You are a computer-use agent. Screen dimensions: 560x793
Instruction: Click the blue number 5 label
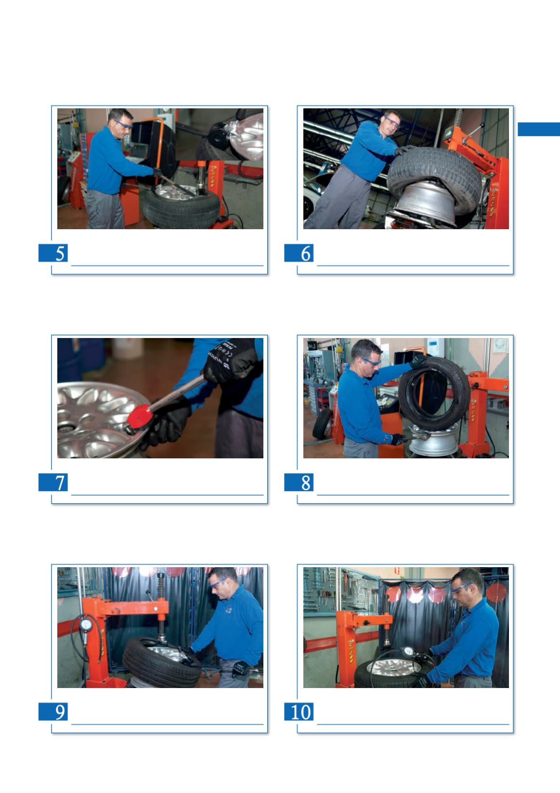(53, 253)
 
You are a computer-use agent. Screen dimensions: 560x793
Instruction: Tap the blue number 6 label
(299, 253)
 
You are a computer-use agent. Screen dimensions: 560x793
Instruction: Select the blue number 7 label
(53, 482)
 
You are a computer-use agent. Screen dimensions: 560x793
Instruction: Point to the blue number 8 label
(299, 482)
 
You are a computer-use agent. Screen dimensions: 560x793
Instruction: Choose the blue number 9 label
(53, 712)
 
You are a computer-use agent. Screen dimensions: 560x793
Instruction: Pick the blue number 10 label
(299, 712)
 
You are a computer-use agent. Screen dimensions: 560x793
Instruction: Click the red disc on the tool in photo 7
(140, 415)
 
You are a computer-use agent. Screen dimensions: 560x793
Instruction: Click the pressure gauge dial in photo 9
(86, 625)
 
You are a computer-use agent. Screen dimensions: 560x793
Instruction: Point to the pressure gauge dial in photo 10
(408, 650)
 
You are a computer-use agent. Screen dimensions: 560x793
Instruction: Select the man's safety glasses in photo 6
(392, 122)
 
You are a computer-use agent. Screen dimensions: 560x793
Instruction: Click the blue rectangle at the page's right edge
(539, 129)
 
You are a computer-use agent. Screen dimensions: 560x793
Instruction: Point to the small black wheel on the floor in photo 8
(323, 424)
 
